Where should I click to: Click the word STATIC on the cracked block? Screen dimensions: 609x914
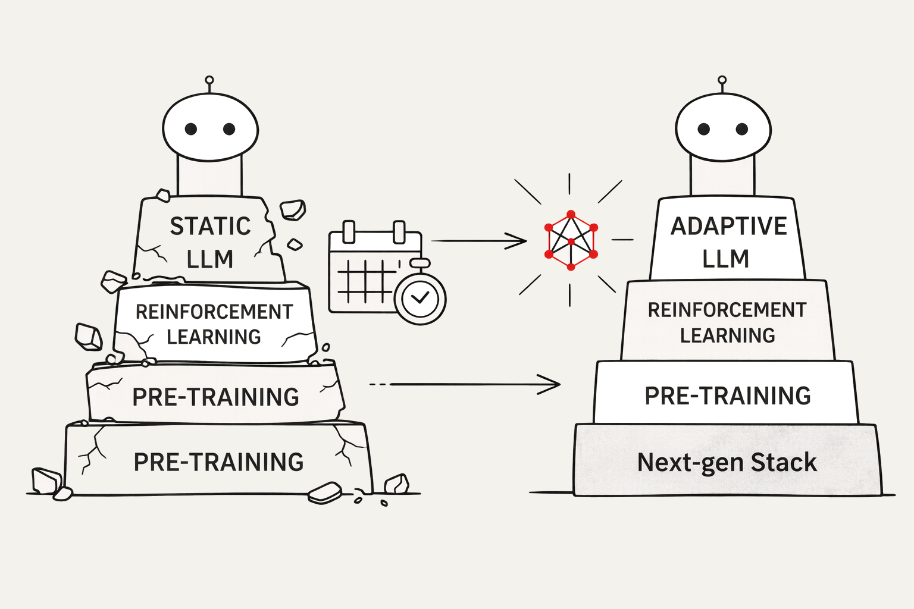point(210,226)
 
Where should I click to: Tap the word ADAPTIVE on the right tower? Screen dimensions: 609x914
point(728,226)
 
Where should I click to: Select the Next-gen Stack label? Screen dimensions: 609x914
point(727,462)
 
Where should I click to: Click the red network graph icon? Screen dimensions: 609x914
point(571,240)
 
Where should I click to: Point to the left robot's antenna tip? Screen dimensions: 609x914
point(209,80)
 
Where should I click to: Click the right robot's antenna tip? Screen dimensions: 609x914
point(722,80)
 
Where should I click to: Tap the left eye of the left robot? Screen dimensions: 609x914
point(191,129)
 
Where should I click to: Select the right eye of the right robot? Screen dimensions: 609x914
point(741,129)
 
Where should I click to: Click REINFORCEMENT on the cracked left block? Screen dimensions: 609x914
point(214,312)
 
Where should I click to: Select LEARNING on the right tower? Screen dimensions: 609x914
point(727,335)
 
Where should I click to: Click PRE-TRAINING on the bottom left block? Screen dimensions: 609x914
point(218,462)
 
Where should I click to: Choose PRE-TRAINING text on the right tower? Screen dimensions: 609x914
point(727,395)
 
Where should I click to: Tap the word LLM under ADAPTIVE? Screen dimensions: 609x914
point(725,259)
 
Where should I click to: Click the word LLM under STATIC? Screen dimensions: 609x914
point(209,259)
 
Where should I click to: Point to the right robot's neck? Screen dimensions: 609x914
point(722,177)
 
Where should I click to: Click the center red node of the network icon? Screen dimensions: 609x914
point(571,241)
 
